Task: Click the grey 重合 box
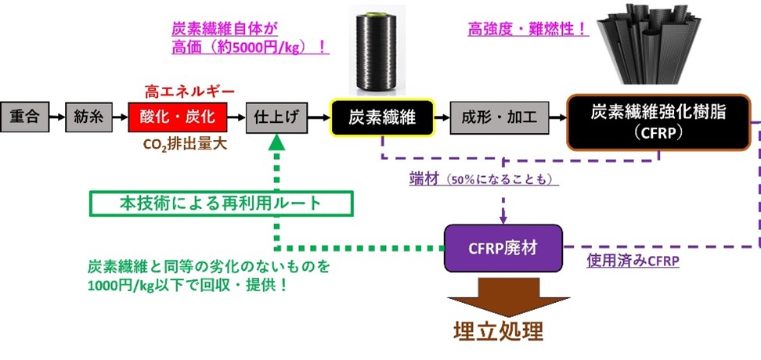click(x=24, y=118)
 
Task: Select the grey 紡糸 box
click(x=85, y=118)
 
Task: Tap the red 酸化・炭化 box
click(x=177, y=118)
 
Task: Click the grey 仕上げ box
click(x=275, y=118)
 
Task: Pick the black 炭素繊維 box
click(x=381, y=118)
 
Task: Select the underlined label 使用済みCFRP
click(x=633, y=261)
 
